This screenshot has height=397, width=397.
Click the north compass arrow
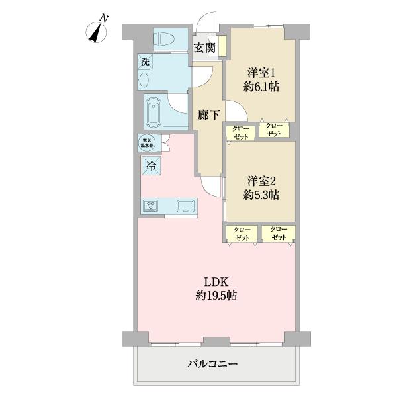tap(99, 32)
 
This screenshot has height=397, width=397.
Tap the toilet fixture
tap(162, 38)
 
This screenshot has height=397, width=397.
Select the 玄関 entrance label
tap(204, 47)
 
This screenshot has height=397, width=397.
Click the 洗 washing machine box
tap(144, 62)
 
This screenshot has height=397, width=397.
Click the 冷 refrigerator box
tap(151, 166)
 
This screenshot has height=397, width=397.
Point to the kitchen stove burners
tap(152, 207)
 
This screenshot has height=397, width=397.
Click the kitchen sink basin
tap(186, 207)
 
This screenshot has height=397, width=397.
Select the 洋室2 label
tap(261, 181)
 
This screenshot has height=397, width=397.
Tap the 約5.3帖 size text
tap(261, 195)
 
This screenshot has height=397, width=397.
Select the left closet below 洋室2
tap(243, 234)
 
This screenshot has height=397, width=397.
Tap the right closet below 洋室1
tap(273, 130)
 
